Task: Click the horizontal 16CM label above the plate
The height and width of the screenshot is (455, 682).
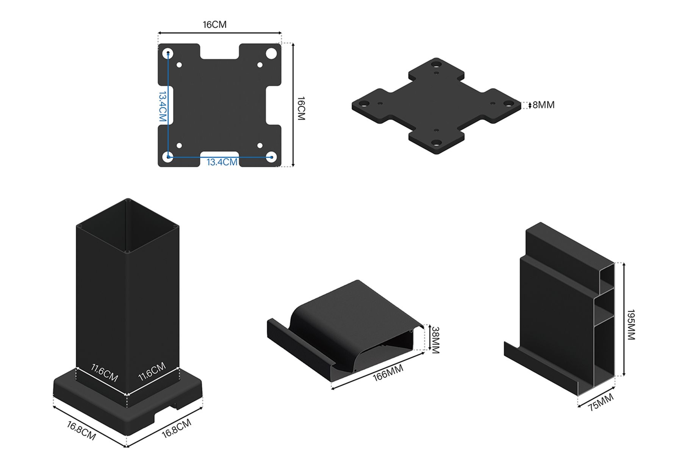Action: click(x=214, y=25)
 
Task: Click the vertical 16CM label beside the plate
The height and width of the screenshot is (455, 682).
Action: click(x=301, y=108)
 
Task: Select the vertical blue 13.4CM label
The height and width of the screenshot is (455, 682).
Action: click(x=163, y=107)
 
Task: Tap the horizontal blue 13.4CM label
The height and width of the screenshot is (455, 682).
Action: click(x=222, y=162)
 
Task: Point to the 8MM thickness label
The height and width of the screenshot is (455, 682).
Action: click(x=543, y=105)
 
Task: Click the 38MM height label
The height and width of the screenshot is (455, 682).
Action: click(x=435, y=340)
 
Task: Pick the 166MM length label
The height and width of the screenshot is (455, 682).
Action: click(x=388, y=373)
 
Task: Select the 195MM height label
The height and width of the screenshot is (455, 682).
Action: click(x=630, y=325)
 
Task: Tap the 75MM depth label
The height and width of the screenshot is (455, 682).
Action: click(x=601, y=402)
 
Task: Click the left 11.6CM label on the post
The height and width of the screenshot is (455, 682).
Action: click(x=105, y=373)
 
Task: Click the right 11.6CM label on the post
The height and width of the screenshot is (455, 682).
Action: click(x=152, y=372)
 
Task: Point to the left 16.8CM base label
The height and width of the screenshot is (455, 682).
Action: click(x=81, y=431)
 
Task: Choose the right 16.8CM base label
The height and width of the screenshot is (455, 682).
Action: click(x=177, y=428)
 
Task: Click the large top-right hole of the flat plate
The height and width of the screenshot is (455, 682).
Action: click(x=271, y=53)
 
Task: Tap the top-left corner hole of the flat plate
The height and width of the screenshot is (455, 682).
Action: click(x=168, y=53)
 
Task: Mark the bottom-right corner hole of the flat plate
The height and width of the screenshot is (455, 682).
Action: click(x=271, y=157)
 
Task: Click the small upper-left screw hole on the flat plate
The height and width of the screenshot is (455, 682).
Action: click(x=179, y=65)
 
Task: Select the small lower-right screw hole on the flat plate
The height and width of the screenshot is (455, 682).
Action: click(x=260, y=146)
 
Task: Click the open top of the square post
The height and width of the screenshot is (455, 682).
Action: click(x=128, y=226)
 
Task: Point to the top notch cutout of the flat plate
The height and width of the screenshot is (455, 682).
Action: click(x=219, y=52)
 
